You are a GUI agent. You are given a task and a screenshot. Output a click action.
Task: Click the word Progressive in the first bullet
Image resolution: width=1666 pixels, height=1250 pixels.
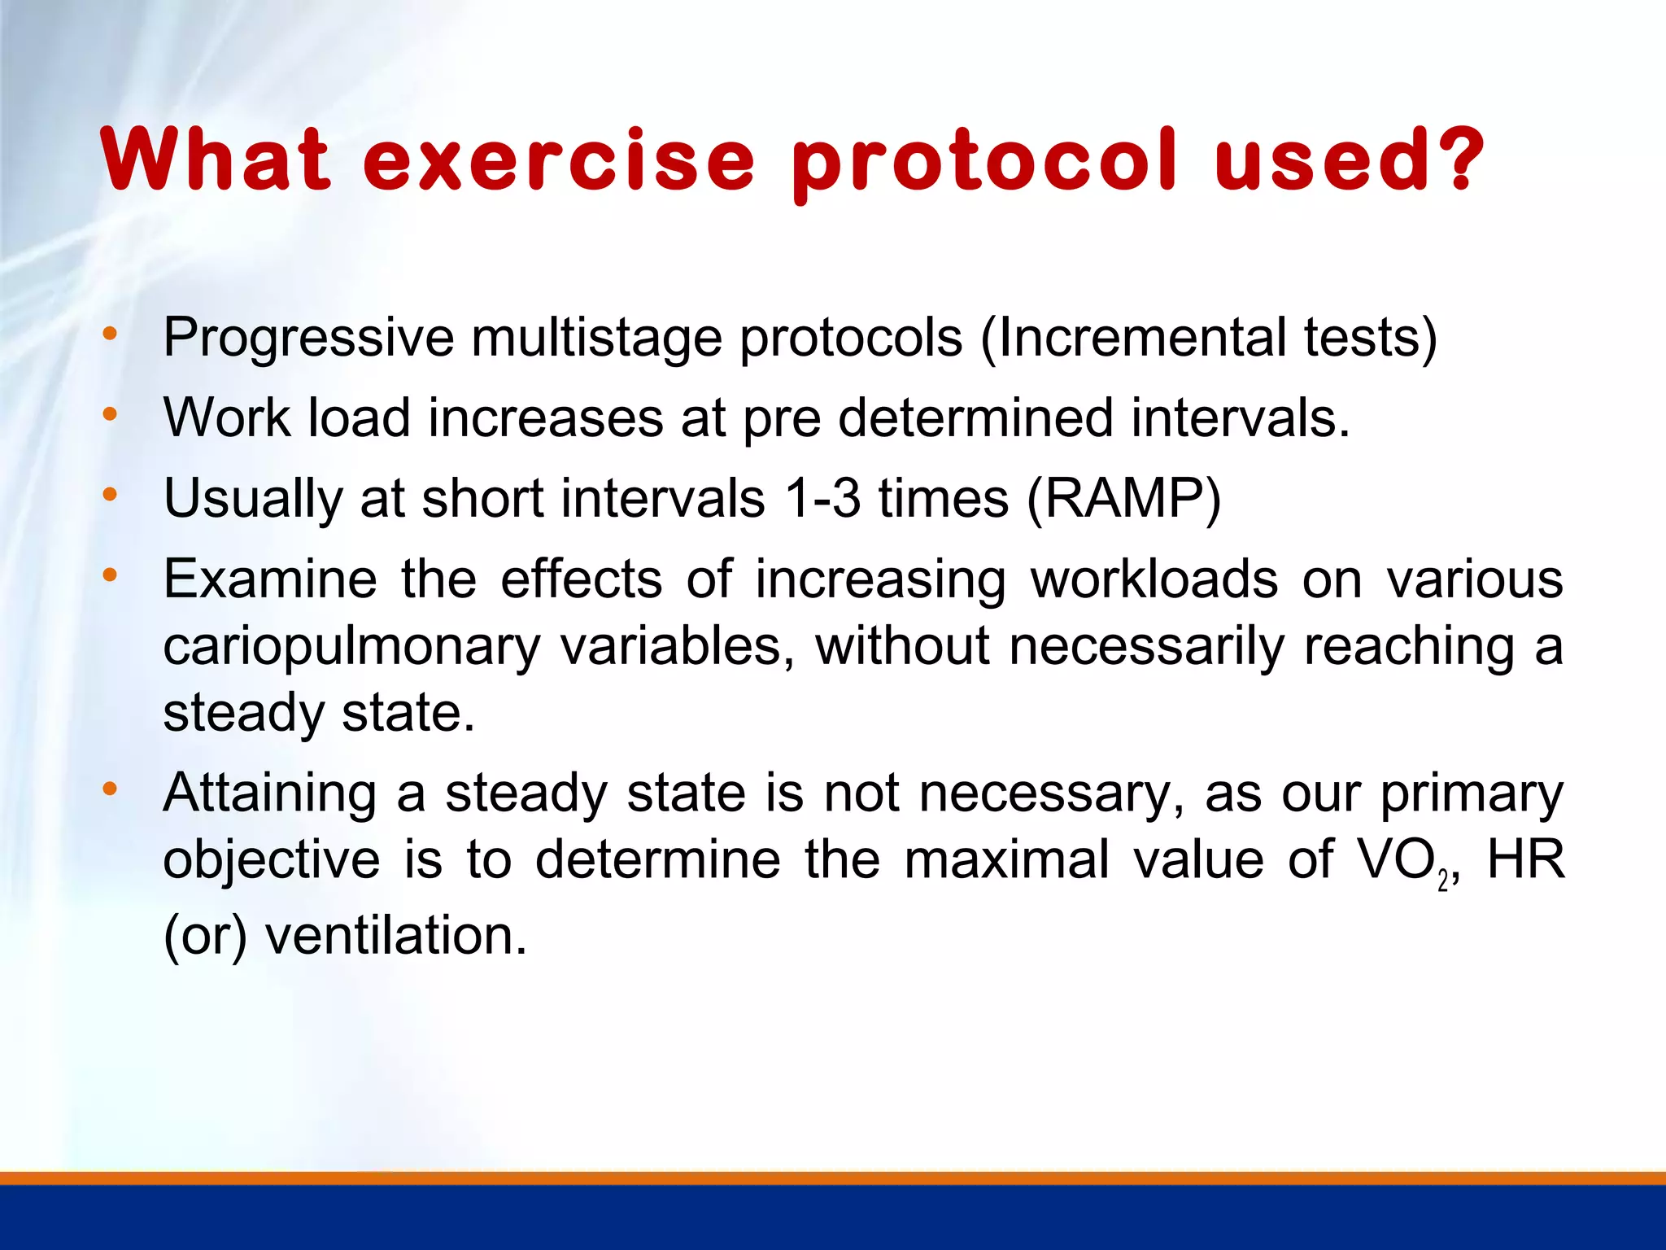(308, 338)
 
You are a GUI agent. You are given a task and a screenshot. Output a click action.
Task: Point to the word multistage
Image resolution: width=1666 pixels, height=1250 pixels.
(596, 338)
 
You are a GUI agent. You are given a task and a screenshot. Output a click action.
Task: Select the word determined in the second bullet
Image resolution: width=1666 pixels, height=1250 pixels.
(975, 417)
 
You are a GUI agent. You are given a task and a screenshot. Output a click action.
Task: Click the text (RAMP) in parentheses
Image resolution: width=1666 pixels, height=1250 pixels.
(1123, 499)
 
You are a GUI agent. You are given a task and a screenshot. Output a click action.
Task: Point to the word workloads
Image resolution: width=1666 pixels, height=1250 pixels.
(1154, 579)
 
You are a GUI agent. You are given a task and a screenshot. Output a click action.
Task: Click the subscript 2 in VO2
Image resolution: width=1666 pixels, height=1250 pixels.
(1442, 881)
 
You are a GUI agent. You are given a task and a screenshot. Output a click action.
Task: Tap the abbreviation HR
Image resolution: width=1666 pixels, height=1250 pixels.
(1525, 860)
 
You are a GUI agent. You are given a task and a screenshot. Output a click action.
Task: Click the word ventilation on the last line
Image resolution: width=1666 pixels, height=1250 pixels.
(395, 936)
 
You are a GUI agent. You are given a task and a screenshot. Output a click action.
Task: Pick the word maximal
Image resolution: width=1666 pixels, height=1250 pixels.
(1007, 860)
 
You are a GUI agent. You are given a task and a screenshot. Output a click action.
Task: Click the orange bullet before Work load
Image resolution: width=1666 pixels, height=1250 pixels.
(110, 415)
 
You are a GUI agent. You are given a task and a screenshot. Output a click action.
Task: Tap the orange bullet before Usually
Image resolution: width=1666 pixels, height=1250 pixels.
(110, 495)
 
